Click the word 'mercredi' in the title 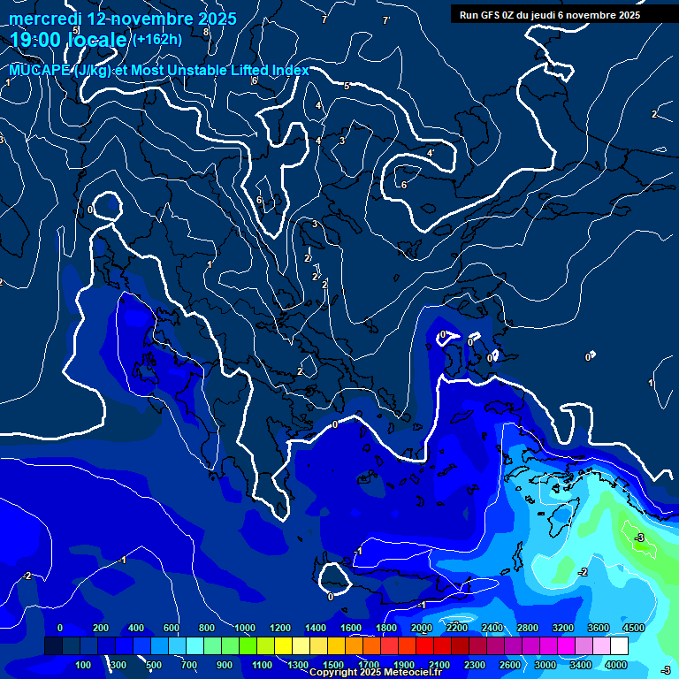point(46,19)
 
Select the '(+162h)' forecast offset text point(156,39)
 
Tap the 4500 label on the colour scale point(633,628)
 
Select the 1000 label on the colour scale point(244,628)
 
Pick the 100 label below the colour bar point(84,665)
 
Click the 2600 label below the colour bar point(510,665)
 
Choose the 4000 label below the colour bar point(616,665)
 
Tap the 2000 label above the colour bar point(421,628)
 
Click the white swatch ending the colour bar point(619,646)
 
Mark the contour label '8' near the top point(206,32)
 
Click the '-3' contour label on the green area point(638,538)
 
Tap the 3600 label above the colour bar point(598,628)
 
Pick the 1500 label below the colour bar point(333,665)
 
